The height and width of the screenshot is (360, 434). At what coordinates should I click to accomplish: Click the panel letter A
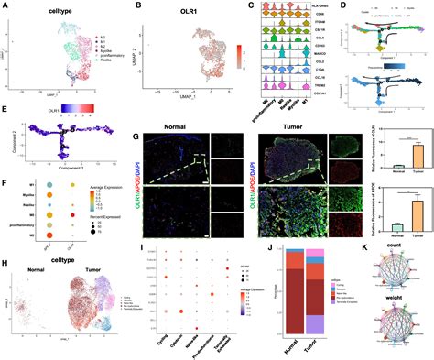pyautogui.click(x=6, y=6)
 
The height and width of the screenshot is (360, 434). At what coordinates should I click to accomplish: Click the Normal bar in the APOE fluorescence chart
pyautogui.click(x=374, y=225)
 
